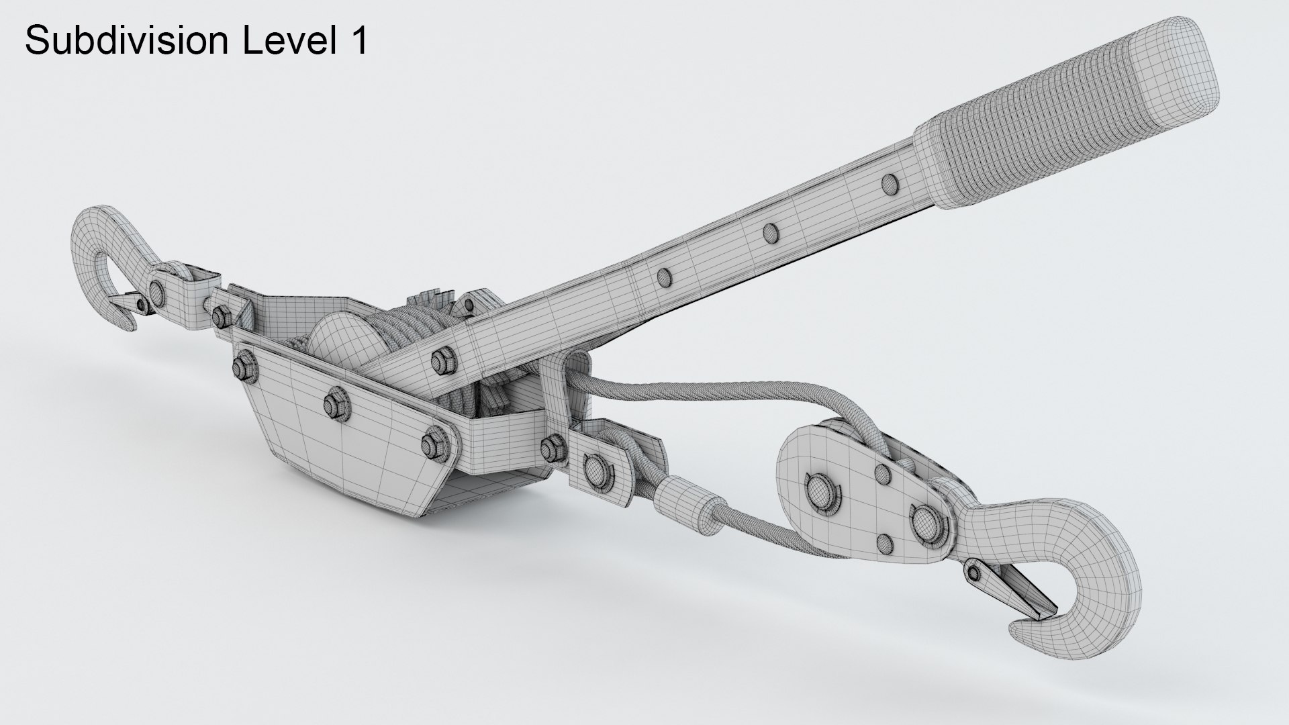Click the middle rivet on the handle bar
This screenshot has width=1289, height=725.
point(770,232)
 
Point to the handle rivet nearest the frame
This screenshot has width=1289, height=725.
point(665,276)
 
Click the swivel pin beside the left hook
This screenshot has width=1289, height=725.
point(158,290)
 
